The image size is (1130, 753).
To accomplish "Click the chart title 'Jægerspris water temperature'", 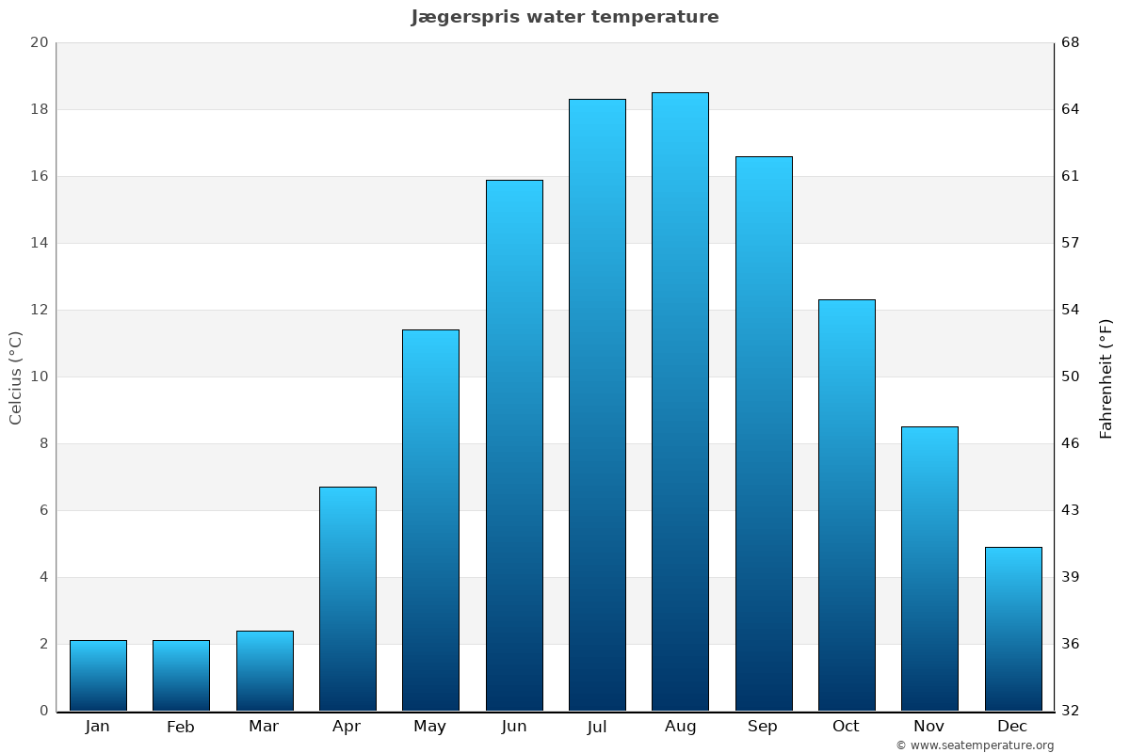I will tap(565, 17).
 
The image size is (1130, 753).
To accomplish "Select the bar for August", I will tap(680, 402).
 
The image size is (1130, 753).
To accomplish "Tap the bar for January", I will tap(98, 676).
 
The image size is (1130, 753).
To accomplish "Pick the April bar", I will tap(347, 599).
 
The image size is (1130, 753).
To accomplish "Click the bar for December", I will tap(1013, 629).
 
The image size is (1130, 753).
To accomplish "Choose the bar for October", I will tap(847, 505).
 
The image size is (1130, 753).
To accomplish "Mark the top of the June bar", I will tap(514, 181).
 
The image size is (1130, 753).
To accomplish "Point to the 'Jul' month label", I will tap(597, 727).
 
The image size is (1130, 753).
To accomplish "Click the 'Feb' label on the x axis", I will tap(181, 727).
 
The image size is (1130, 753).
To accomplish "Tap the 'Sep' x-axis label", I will tap(763, 727).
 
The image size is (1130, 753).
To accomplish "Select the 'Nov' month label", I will tap(929, 727).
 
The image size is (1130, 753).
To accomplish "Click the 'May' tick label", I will tap(430, 727).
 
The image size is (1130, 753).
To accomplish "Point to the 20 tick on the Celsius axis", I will tap(39, 42).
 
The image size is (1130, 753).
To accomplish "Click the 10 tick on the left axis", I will tap(39, 376).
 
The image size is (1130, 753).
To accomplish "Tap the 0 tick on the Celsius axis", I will tap(43, 711).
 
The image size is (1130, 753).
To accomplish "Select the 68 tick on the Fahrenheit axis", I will tap(1071, 42).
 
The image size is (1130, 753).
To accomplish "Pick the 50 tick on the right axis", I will tap(1071, 376).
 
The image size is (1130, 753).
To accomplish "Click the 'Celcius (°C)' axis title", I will tap(16, 377).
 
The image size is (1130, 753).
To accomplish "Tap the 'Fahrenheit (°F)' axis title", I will tap(1106, 377).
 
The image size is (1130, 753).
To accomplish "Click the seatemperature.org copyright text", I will tap(975, 745).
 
